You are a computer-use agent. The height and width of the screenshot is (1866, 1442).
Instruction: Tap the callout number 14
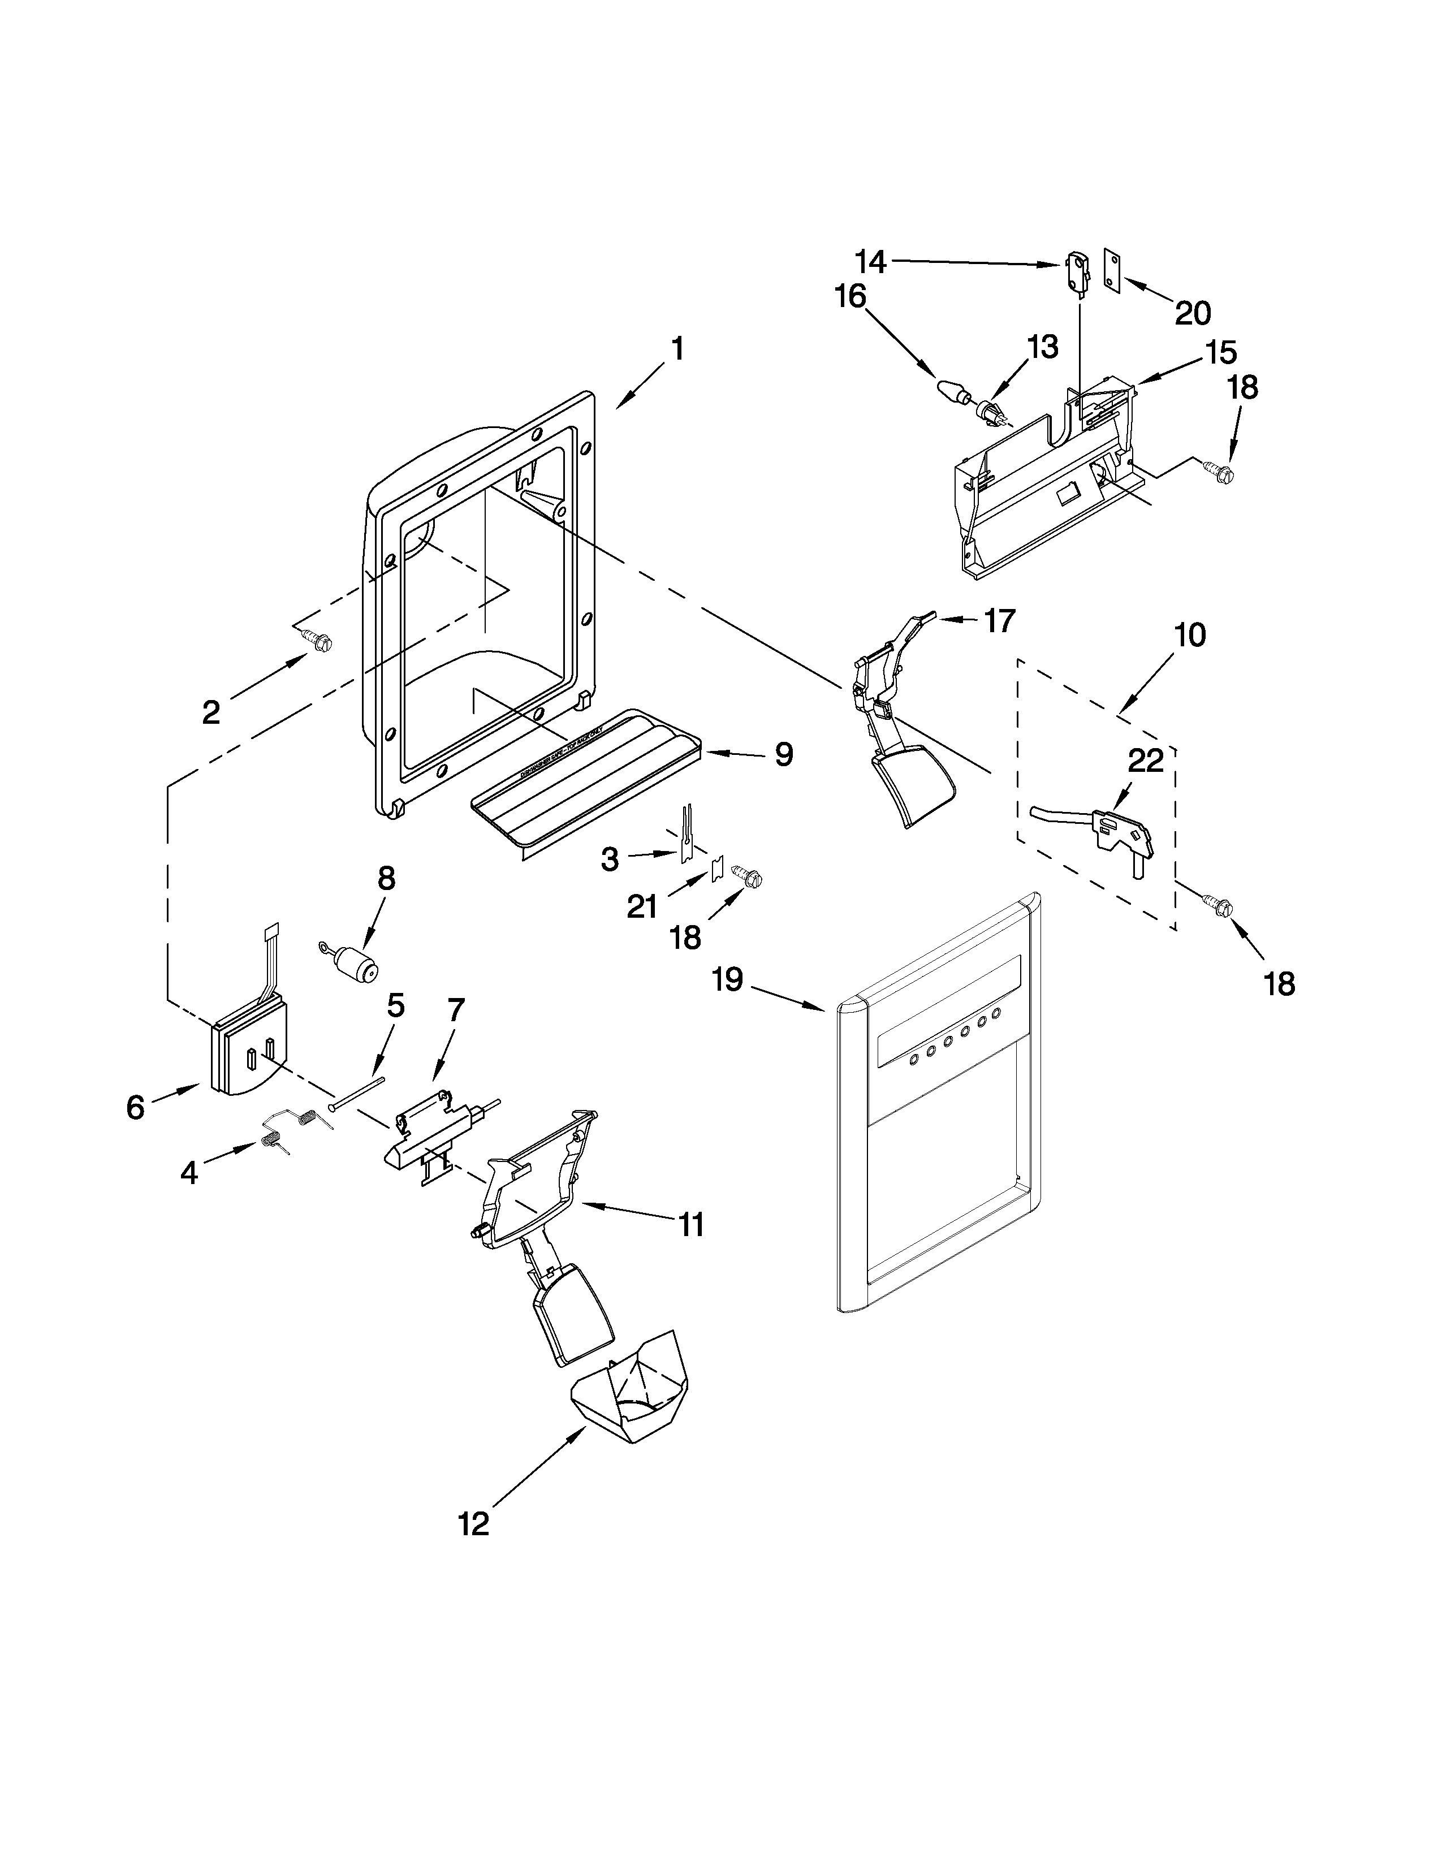[871, 259]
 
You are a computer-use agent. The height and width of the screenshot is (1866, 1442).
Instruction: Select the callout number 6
[135, 1107]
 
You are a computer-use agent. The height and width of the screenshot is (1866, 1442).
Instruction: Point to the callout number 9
[783, 754]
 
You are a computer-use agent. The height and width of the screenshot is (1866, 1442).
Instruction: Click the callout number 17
[999, 621]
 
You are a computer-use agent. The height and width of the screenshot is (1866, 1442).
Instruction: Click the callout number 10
[1190, 635]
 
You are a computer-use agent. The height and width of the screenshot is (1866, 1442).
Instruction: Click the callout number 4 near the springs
[189, 1173]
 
